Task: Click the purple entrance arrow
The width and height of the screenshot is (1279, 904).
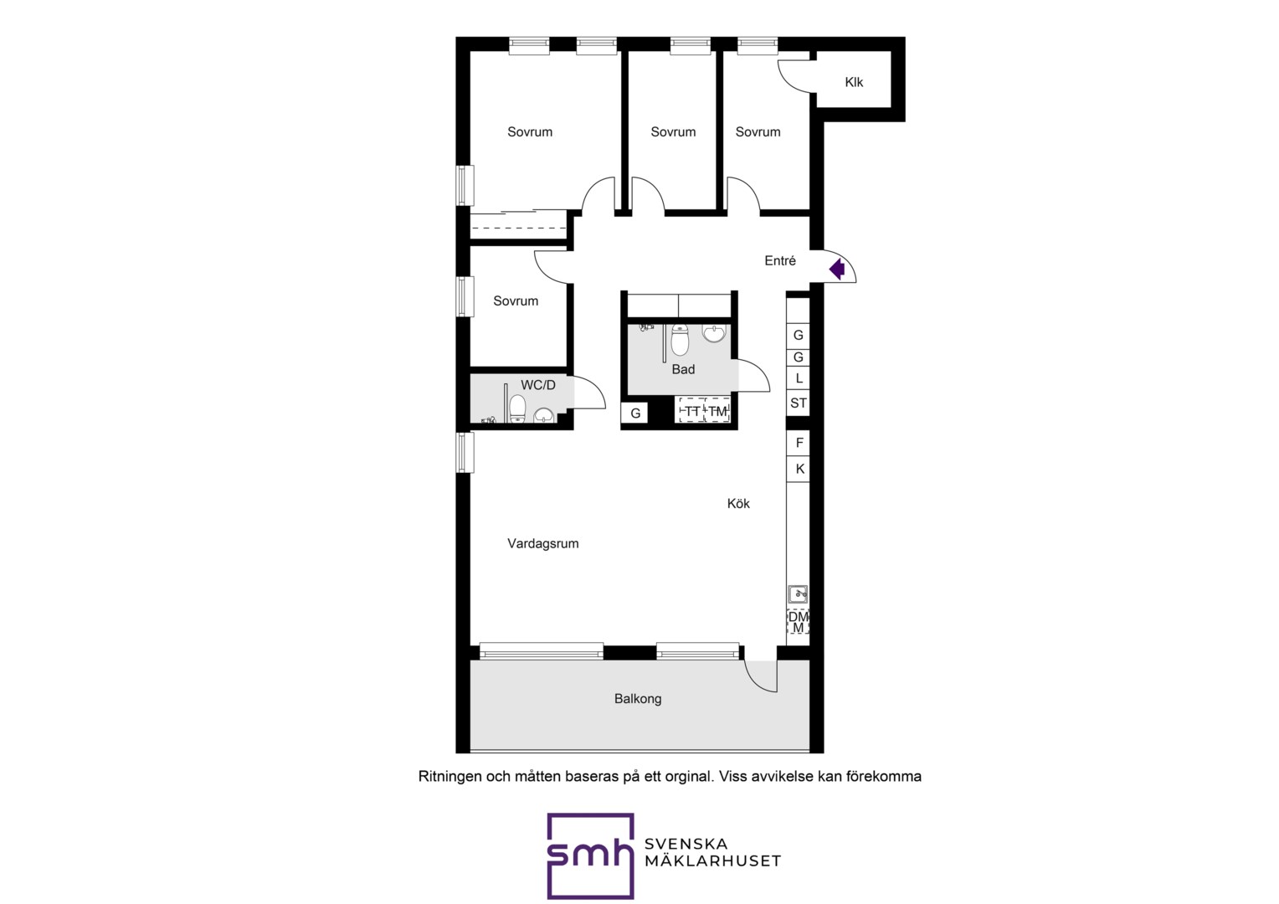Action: [x=837, y=269]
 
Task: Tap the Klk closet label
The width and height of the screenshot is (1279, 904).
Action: [x=854, y=82]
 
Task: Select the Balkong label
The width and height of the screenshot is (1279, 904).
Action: [x=638, y=698]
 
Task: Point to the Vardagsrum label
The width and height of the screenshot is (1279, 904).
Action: [x=543, y=544]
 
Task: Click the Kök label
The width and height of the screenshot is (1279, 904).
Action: [x=738, y=503]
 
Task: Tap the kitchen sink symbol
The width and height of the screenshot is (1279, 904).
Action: [x=798, y=594]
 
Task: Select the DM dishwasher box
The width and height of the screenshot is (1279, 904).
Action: [x=799, y=622]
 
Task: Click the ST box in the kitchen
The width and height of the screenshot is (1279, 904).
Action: [x=799, y=403]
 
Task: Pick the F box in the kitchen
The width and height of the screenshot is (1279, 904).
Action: [x=799, y=443]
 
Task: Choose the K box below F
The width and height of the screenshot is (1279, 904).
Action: [x=799, y=469]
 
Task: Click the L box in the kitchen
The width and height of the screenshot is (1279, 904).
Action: [x=799, y=378]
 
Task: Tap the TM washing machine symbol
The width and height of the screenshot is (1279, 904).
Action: [x=717, y=410]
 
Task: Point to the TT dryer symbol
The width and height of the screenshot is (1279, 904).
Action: [x=692, y=410]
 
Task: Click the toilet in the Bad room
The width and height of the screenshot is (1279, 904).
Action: [x=680, y=339]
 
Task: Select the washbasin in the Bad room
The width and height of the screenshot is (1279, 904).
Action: [x=714, y=333]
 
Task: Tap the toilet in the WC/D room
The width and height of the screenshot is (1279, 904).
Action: [x=517, y=408]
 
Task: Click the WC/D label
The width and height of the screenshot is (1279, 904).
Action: [x=538, y=385]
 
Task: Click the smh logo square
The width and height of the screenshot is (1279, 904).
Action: [x=590, y=855]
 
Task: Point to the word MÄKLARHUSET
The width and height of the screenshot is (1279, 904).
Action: [x=712, y=860]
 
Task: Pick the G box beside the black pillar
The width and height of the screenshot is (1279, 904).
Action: [x=635, y=413]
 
